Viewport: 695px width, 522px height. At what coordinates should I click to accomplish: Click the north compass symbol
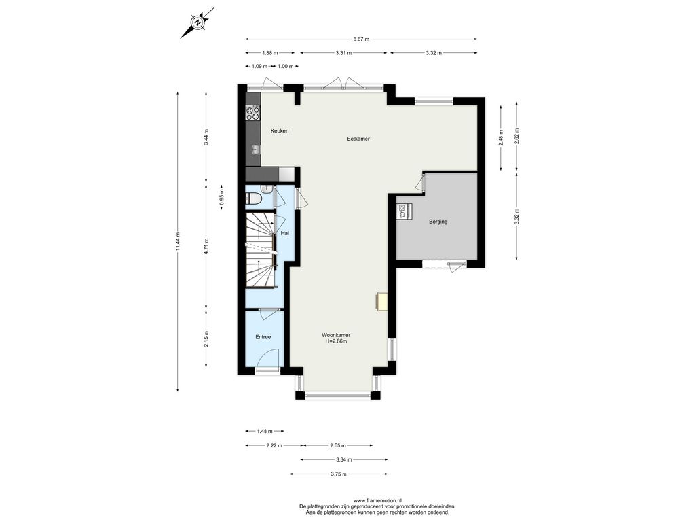point(198,22)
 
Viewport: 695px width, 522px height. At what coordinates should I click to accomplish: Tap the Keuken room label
point(280,131)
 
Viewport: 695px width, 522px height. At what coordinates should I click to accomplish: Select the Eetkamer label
point(358,139)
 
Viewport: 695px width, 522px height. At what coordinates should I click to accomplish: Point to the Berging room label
point(438,222)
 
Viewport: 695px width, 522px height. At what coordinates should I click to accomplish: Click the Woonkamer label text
point(336,335)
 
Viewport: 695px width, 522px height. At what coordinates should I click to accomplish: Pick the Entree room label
point(263,337)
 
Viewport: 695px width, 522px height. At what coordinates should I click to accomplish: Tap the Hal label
point(285,232)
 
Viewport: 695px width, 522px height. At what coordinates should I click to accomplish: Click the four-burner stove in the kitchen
point(253,113)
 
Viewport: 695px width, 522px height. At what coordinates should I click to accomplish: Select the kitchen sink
point(256,150)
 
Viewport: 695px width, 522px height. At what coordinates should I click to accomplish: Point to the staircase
point(261,250)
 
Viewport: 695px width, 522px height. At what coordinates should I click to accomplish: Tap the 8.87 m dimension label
point(361,39)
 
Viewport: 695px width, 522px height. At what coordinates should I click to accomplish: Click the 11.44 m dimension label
point(178,242)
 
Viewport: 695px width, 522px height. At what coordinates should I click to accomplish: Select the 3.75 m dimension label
point(339,474)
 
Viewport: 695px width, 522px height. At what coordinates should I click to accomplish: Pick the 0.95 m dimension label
point(222,196)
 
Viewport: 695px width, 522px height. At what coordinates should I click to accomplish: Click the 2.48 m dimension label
point(501,138)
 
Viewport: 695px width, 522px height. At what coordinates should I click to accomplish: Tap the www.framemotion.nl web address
point(377,501)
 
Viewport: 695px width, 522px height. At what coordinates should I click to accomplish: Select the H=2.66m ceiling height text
point(336,341)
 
